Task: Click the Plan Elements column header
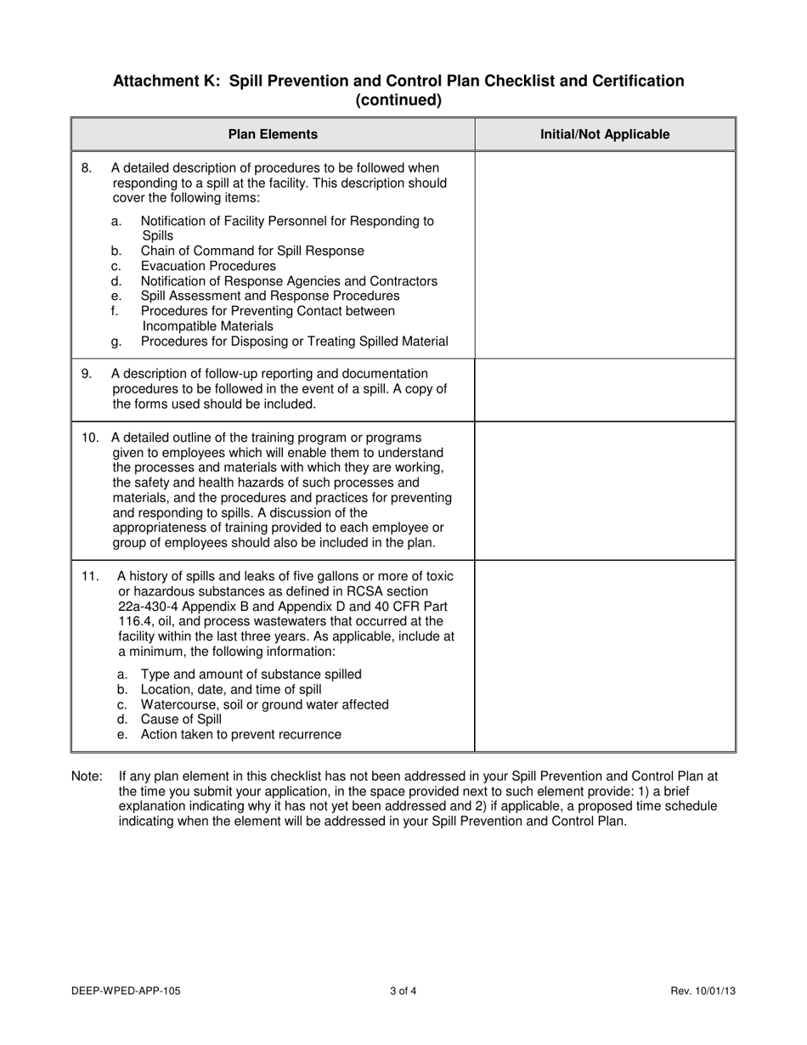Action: pyautogui.click(x=273, y=134)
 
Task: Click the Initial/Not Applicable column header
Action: pyautogui.click(x=605, y=134)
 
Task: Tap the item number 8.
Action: pyautogui.click(x=87, y=167)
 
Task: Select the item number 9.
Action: pyautogui.click(x=87, y=373)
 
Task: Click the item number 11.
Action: pyautogui.click(x=90, y=576)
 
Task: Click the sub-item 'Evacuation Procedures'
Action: pyautogui.click(x=208, y=266)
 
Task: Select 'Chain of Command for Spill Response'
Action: pyautogui.click(x=252, y=251)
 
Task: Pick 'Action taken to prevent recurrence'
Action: pyautogui.click(x=241, y=734)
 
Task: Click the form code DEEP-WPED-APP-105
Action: pyautogui.click(x=127, y=991)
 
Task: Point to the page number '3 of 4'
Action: pyautogui.click(x=403, y=991)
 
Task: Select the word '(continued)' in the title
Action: pyautogui.click(x=398, y=100)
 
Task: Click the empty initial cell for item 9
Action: pyautogui.click(x=605, y=389)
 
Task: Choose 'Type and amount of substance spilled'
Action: pyautogui.click(x=251, y=674)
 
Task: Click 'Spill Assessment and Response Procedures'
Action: pyautogui.click(x=270, y=296)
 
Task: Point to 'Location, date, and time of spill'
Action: pyautogui.click(x=231, y=689)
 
